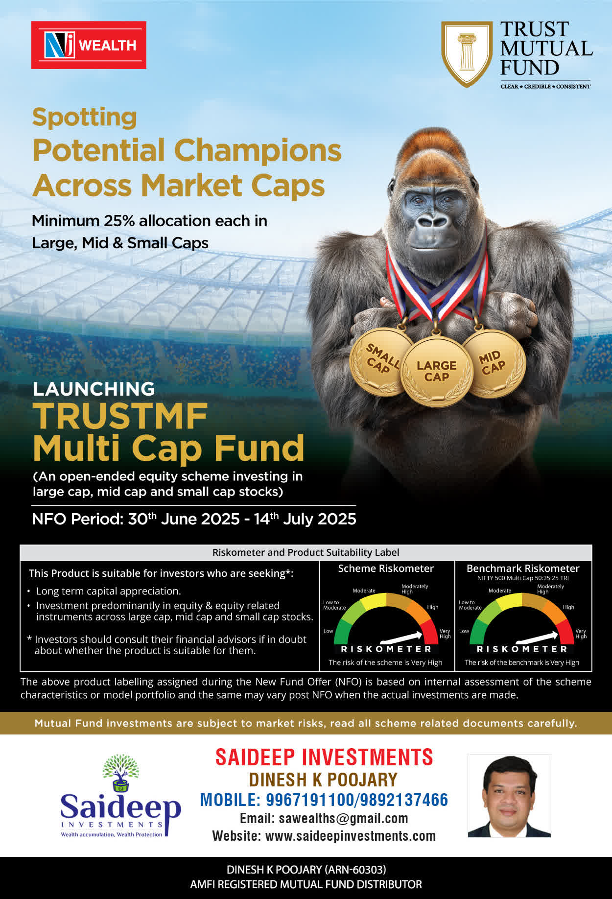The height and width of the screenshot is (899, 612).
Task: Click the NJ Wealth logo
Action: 89,45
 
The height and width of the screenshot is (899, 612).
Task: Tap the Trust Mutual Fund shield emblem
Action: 467,53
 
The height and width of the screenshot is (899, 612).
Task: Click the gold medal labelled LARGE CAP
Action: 436,372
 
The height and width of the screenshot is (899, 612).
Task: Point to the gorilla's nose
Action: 432,221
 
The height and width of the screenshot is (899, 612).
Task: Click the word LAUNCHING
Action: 94,389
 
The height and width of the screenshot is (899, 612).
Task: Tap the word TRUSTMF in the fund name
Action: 120,416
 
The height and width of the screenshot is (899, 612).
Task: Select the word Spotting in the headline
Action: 85,118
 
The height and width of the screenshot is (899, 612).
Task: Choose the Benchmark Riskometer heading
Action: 523,568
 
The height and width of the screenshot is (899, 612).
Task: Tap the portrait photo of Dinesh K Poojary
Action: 509,796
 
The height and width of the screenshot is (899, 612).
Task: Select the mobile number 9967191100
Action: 311,800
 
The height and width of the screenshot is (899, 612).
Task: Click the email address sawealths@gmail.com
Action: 343,818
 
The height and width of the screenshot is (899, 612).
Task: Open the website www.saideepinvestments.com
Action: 351,836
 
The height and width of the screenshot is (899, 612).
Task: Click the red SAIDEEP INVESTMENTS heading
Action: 324,757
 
